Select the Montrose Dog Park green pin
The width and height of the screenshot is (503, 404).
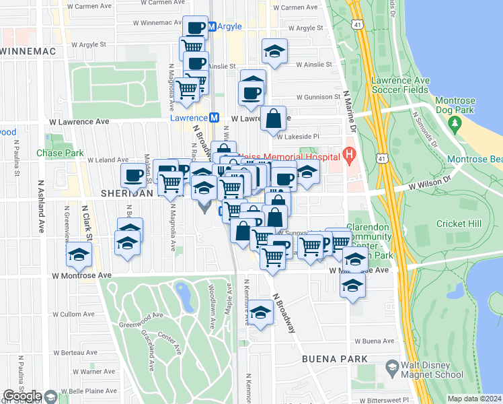click(455, 124)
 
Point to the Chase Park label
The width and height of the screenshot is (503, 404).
click(60, 153)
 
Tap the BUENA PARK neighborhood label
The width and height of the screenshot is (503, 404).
click(335, 359)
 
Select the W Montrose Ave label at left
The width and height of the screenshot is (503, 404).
click(82, 275)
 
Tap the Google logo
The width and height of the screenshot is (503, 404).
click(22, 396)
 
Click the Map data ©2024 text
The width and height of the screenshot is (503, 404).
click(474, 399)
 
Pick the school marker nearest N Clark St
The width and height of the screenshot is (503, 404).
click(79, 254)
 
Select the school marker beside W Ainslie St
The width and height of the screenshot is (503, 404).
click(274, 52)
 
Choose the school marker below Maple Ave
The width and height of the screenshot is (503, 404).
click(260, 312)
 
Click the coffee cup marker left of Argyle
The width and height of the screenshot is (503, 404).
click(196, 28)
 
